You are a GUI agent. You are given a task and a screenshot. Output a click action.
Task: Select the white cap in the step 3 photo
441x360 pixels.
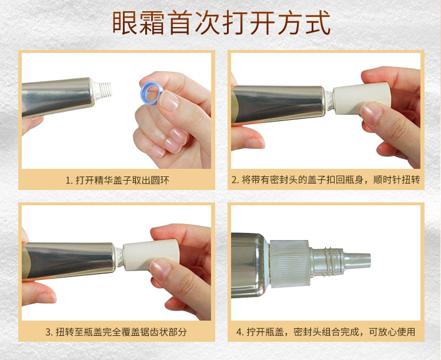tap(151, 255)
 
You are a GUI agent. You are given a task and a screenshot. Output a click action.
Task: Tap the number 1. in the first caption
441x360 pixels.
tap(69, 181)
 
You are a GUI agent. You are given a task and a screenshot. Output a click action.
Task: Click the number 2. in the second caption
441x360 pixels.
tap(235, 180)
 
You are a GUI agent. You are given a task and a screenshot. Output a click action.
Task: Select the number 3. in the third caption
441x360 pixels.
tap(49, 332)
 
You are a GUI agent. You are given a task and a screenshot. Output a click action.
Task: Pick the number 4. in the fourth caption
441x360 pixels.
tap(240, 332)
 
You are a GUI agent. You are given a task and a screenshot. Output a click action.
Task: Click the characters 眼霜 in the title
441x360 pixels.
tap(138, 23)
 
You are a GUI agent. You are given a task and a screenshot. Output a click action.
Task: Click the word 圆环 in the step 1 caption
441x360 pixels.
tap(160, 181)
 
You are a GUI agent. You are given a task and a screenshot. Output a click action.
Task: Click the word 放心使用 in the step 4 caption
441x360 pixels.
tap(396, 332)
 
